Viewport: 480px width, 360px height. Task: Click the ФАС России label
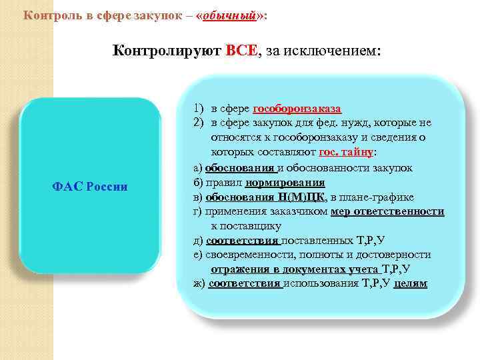[89, 186]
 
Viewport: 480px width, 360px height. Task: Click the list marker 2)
[199, 123]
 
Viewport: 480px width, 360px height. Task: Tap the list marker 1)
[199, 109]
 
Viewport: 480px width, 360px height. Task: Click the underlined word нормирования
[285, 182]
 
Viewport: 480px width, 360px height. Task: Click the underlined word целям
[411, 284]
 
